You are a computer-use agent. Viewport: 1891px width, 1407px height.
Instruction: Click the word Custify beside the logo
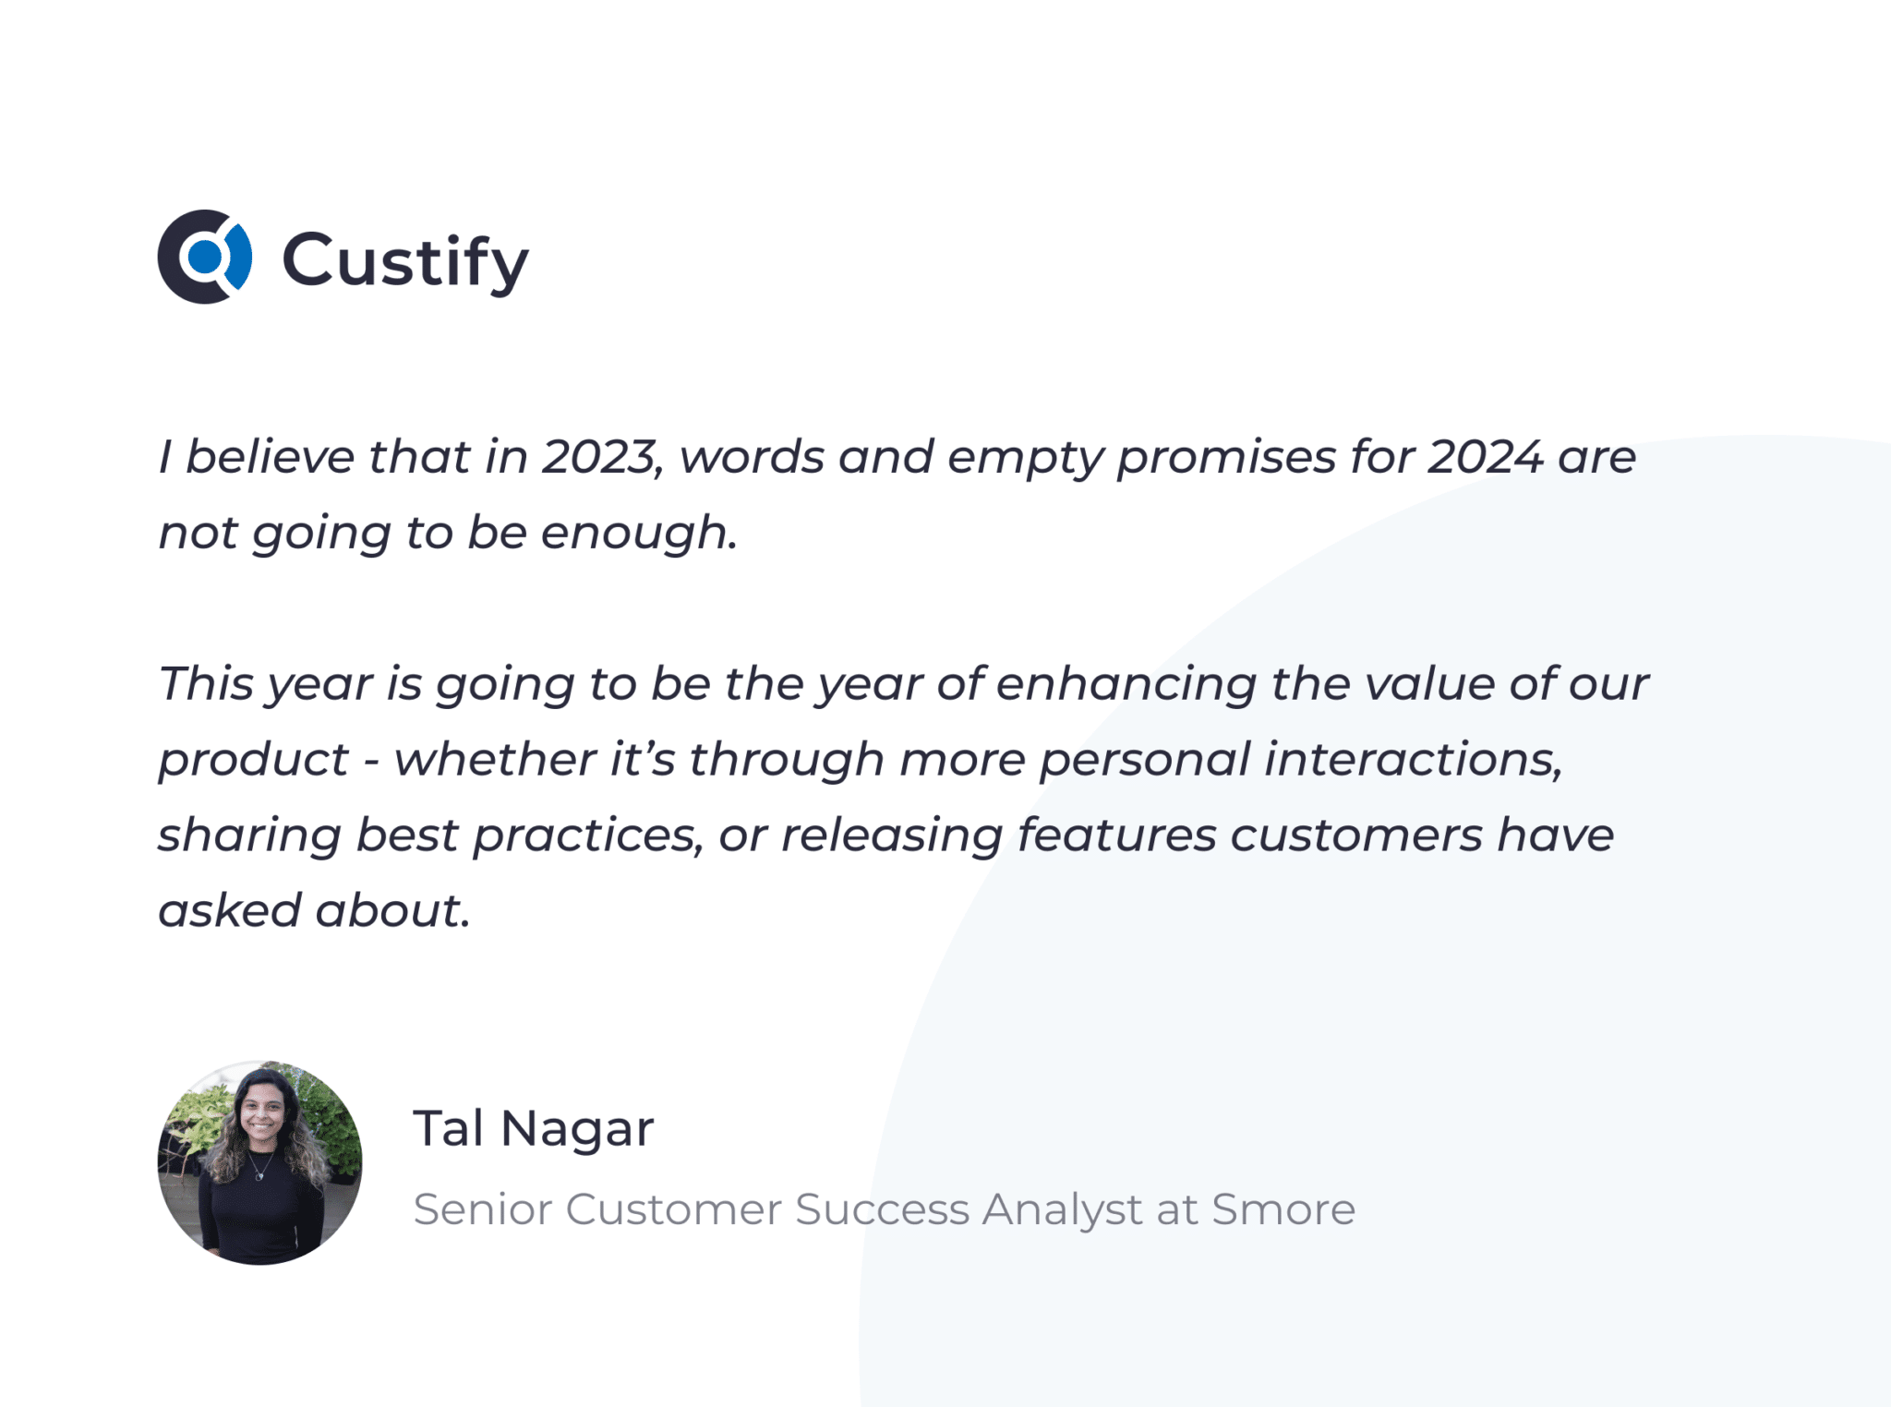[x=405, y=261]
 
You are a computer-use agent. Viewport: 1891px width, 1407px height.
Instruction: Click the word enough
[x=639, y=535]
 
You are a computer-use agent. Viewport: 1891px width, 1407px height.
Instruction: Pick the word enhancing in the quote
[x=1126, y=684]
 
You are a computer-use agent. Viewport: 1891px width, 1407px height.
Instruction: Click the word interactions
[x=1413, y=760]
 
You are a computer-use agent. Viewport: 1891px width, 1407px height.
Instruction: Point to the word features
[x=1117, y=836]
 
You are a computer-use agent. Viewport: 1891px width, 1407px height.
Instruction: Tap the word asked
[x=230, y=910]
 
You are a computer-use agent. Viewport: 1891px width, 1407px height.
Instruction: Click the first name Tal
[x=449, y=1127]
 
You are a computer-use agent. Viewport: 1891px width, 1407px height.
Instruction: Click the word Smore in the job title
[x=1283, y=1209]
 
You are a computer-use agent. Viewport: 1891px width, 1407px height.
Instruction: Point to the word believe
[x=270, y=457]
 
